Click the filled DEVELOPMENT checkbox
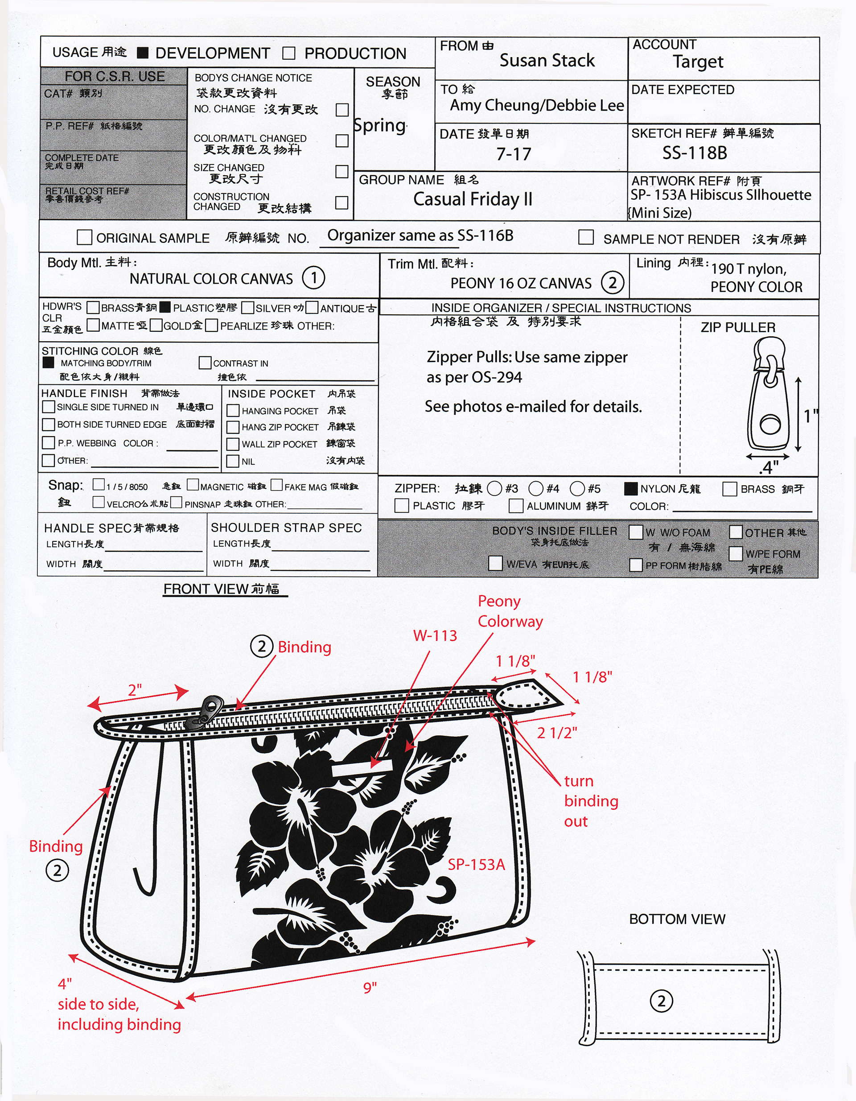point(143,53)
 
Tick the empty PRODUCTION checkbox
point(289,53)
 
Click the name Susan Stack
point(547,61)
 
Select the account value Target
point(698,62)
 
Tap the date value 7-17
point(513,154)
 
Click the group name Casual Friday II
point(473,199)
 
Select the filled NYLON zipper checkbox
point(630,488)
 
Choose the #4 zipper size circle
point(535,488)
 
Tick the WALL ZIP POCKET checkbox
point(233,444)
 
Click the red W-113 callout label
point(435,636)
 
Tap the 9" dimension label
point(370,987)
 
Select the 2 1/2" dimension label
point(556,733)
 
